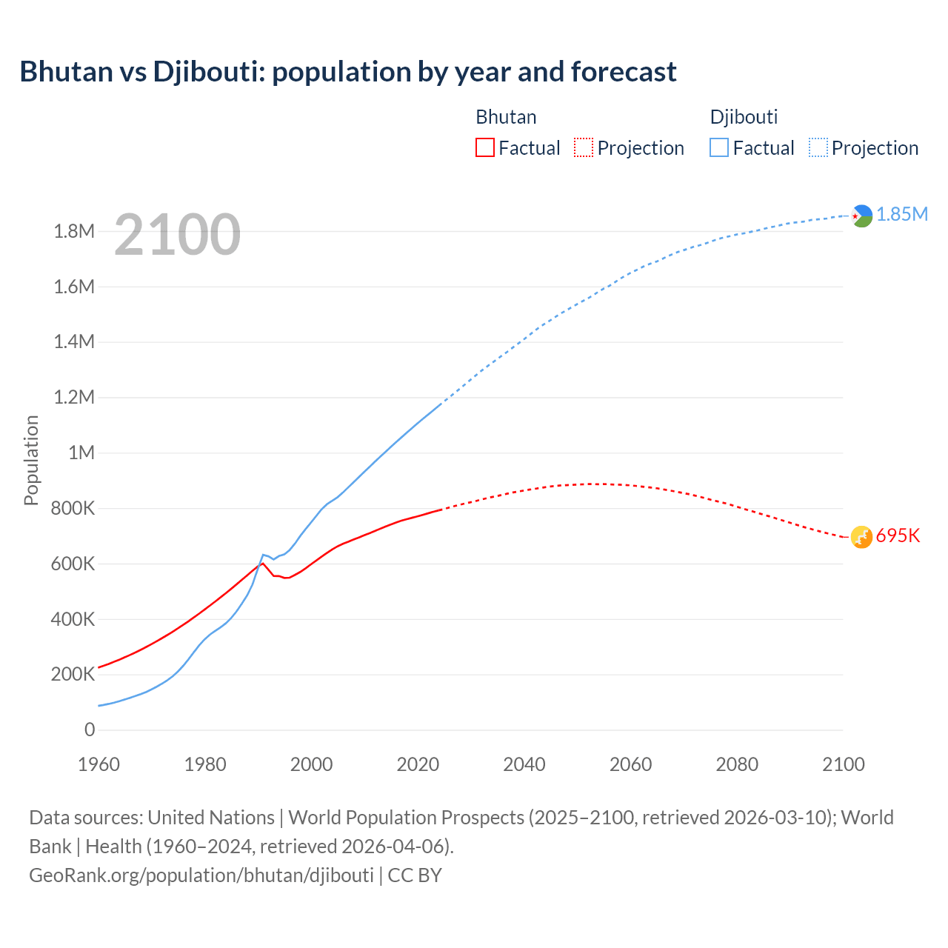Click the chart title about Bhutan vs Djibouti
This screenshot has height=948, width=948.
tap(348, 72)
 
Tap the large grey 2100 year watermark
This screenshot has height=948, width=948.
tap(177, 235)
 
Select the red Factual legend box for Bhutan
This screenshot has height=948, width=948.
tap(484, 147)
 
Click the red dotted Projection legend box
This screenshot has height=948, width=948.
tap(584, 147)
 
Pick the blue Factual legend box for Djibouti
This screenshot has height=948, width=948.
tap(718, 147)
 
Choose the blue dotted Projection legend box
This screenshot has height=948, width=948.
tap(818, 147)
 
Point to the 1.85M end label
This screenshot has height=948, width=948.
tap(902, 214)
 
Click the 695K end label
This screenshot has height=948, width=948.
tap(898, 535)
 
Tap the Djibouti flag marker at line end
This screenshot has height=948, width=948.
tap(861, 216)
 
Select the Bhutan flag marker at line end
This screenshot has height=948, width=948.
tap(861, 537)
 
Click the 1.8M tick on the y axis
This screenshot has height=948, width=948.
tap(74, 231)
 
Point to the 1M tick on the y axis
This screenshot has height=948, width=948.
tap(81, 453)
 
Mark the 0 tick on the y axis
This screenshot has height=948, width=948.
tap(90, 730)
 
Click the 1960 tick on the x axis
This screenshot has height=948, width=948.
tap(99, 764)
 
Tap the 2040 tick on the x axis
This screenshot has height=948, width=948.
tap(524, 764)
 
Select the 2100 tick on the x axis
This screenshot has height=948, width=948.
tap(844, 764)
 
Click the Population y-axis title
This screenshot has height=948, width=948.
tap(31, 460)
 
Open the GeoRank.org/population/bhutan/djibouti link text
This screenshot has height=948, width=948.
tap(201, 875)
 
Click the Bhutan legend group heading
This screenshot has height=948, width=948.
tap(506, 117)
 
